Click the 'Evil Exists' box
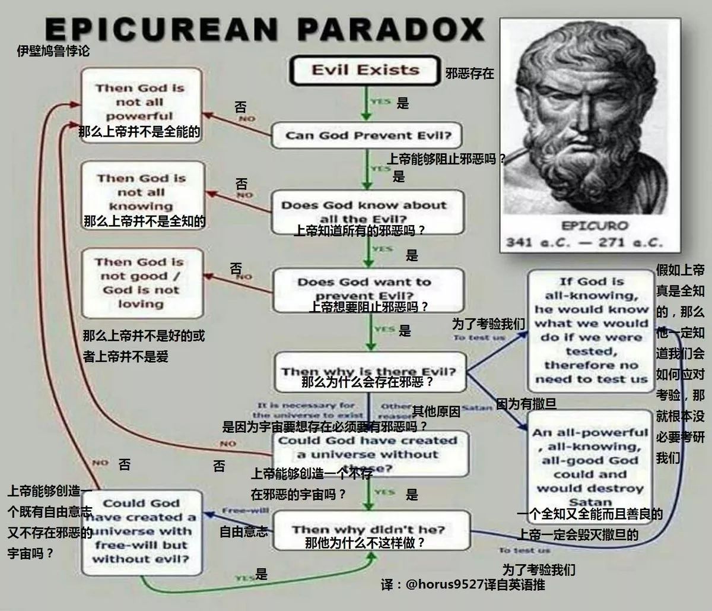[364, 70]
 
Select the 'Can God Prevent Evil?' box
[368, 135]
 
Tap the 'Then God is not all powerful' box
[141, 102]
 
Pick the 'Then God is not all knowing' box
[142, 192]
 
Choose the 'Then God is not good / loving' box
[141, 283]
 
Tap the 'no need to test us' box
[591, 330]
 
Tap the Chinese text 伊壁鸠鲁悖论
[53, 52]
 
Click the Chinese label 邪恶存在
[469, 74]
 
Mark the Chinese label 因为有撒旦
[526, 404]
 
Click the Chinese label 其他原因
[436, 411]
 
